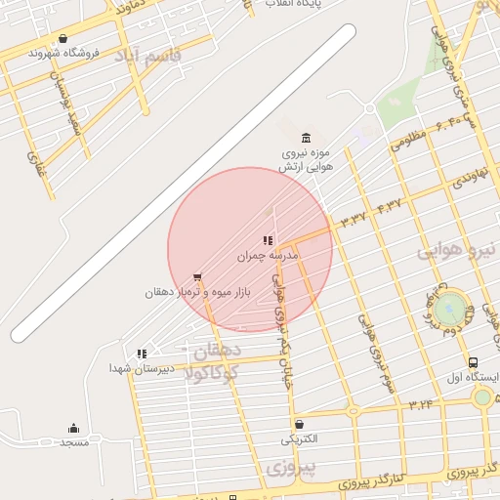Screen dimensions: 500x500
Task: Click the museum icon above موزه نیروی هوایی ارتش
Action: point(307,138)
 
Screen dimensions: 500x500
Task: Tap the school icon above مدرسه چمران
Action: point(268,240)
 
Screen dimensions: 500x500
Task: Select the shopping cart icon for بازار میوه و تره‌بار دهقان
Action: point(198,277)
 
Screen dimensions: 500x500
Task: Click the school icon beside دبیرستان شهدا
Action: point(143,354)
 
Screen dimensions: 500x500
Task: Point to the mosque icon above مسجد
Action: point(74,428)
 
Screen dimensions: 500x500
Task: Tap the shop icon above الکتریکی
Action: point(299,424)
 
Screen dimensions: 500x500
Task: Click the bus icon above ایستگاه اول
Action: point(474,362)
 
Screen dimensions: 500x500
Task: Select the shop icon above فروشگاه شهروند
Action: point(62,39)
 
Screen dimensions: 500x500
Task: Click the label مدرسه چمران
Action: point(268,256)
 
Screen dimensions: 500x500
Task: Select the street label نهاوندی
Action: point(468,178)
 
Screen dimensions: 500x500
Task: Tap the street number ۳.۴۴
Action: point(422,402)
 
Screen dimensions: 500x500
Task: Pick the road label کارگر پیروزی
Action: point(391,479)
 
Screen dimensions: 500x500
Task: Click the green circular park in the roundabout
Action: point(450,310)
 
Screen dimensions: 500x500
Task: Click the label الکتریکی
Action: point(300,439)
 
